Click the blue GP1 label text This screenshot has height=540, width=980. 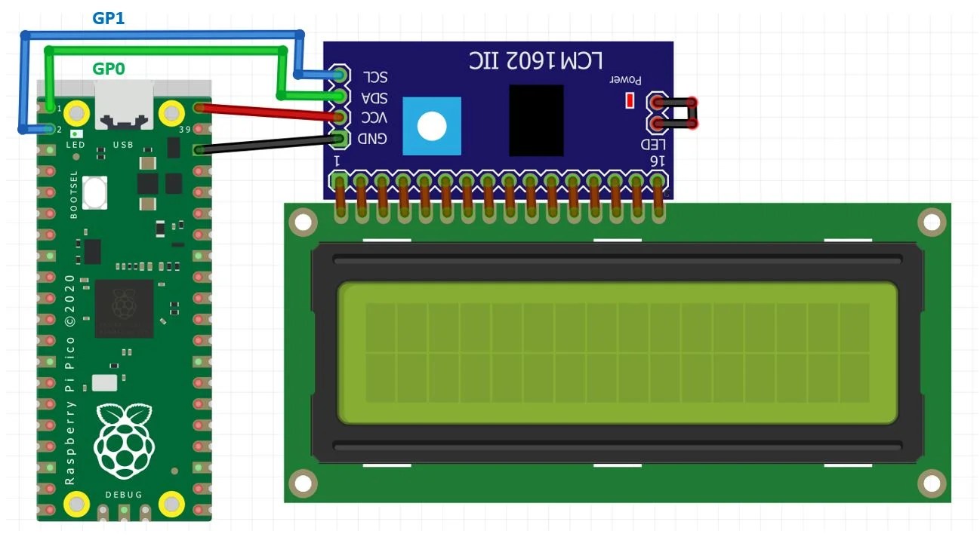pos(108,18)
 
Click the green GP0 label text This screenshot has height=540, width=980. pos(108,69)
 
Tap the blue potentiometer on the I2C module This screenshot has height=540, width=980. pos(431,126)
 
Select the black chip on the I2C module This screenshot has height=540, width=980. pos(536,121)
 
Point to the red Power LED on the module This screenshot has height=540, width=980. pos(629,100)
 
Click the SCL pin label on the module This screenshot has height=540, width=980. pos(374,77)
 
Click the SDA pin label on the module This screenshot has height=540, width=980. pos(374,98)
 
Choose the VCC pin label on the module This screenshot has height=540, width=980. pos(374,118)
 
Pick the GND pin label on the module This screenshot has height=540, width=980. pos(373,139)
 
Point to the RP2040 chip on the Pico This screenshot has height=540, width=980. pos(124,308)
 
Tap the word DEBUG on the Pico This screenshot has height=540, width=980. pos(124,495)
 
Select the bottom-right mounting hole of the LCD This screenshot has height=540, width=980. pos(932,482)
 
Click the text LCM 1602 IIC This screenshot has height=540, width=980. pos(541,59)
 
